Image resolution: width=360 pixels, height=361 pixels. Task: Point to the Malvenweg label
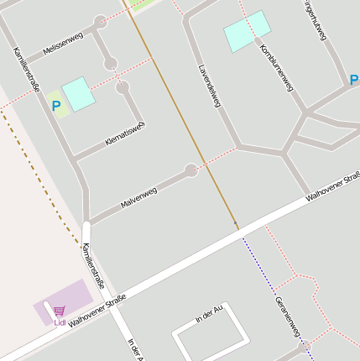[x=138, y=198]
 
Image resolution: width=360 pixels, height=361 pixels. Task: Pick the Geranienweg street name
[x=287, y=317]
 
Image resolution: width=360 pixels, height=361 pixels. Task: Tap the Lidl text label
[x=60, y=322]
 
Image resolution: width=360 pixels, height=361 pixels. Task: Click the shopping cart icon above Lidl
[x=60, y=311]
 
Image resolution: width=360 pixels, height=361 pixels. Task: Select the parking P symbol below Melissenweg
[x=57, y=107]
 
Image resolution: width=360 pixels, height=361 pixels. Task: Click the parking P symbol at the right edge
[x=354, y=81]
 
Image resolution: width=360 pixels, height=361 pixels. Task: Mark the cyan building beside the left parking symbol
[x=79, y=93]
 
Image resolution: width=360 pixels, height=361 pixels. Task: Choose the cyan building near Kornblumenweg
[x=248, y=32]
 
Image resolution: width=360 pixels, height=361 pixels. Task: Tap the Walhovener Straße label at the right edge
[x=333, y=186]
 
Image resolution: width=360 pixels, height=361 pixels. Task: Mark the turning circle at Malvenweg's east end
[x=191, y=170]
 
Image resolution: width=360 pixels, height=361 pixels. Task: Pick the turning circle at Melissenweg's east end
[x=101, y=21]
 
